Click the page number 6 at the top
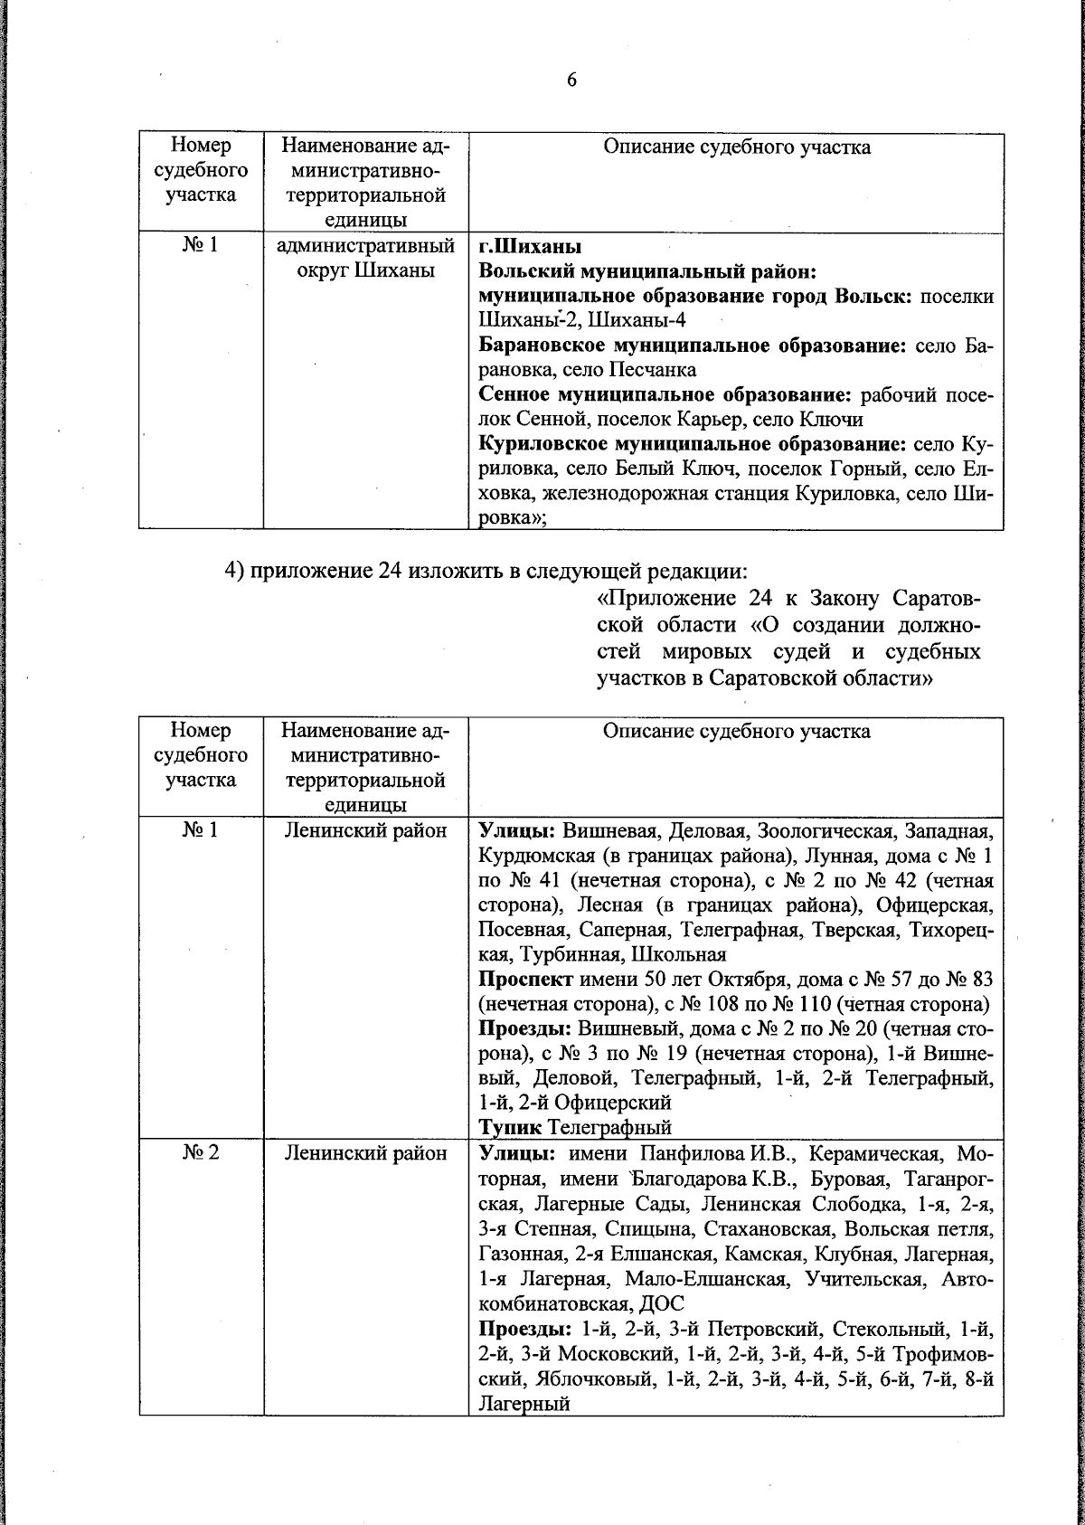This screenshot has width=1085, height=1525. (x=571, y=80)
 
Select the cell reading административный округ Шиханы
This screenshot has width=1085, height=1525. (x=365, y=258)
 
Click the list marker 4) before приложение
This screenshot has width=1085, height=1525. (x=234, y=572)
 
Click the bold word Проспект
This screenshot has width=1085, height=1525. (x=525, y=979)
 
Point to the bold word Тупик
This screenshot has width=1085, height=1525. (x=510, y=1127)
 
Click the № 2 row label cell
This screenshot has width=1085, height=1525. (x=200, y=1153)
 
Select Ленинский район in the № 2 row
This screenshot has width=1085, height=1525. (x=365, y=1153)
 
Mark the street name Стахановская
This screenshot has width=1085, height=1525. (x=762, y=1229)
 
